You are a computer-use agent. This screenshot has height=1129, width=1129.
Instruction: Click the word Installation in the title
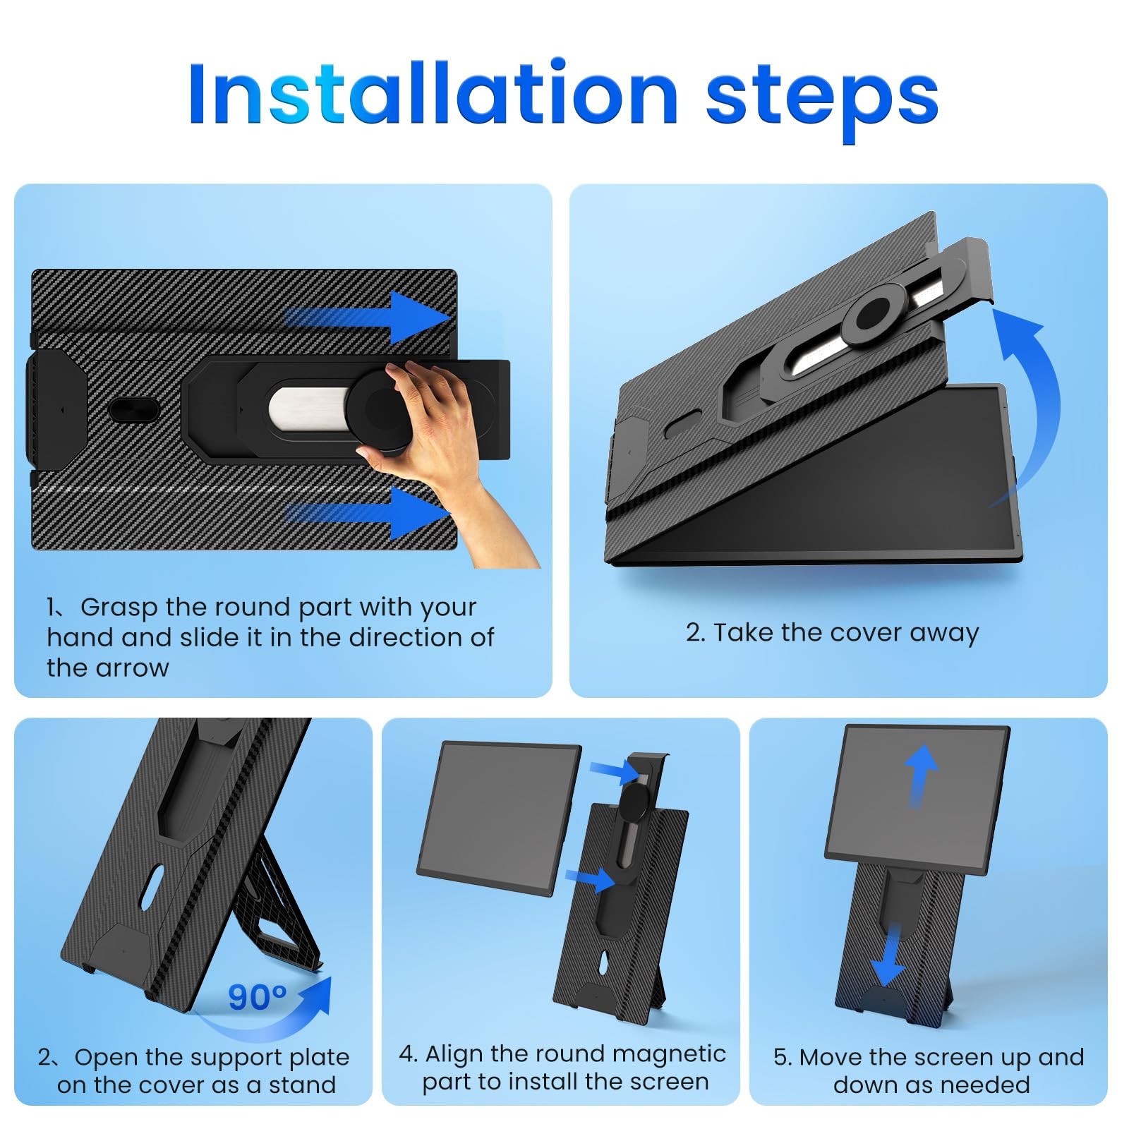click(x=433, y=93)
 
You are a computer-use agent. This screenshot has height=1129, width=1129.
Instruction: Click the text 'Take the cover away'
click(x=846, y=633)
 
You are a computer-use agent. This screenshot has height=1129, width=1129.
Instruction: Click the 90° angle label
click(x=257, y=998)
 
